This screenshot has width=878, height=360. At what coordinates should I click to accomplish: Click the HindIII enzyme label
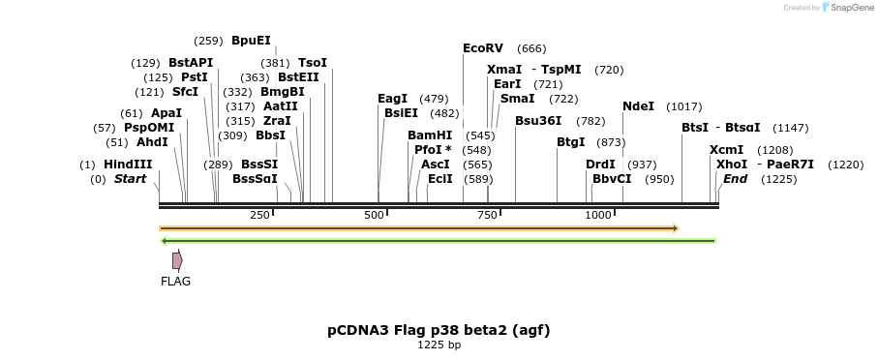(x=128, y=165)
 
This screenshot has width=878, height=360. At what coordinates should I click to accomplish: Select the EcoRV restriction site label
(x=483, y=47)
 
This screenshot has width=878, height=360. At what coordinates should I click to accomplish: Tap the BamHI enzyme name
(x=430, y=135)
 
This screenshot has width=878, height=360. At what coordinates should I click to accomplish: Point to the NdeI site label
(x=638, y=106)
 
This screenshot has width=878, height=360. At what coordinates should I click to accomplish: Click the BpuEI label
(x=251, y=41)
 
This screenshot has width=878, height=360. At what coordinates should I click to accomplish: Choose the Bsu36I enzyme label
(x=538, y=121)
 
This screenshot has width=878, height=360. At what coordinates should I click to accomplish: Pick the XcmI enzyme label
(x=726, y=150)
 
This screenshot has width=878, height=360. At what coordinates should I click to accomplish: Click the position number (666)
(x=531, y=48)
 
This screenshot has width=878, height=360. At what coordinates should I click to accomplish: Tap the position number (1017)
(x=684, y=106)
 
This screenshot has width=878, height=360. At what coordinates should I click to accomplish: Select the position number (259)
(x=208, y=41)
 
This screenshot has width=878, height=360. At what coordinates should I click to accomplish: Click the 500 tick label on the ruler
(x=375, y=215)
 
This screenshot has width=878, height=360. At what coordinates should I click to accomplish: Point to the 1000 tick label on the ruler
(x=598, y=215)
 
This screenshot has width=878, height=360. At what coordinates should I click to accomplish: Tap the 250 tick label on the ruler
(x=259, y=215)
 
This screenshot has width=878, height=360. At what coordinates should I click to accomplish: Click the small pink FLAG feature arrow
(x=177, y=260)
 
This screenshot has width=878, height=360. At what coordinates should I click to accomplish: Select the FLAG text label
(x=175, y=282)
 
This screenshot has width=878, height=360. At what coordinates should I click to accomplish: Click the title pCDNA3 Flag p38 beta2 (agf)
(x=439, y=330)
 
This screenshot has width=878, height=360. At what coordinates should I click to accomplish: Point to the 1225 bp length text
(x=439, y=345)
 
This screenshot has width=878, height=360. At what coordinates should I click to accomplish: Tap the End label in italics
(x=735, y=179)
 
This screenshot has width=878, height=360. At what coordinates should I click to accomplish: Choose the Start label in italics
(x=130, y=179)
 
